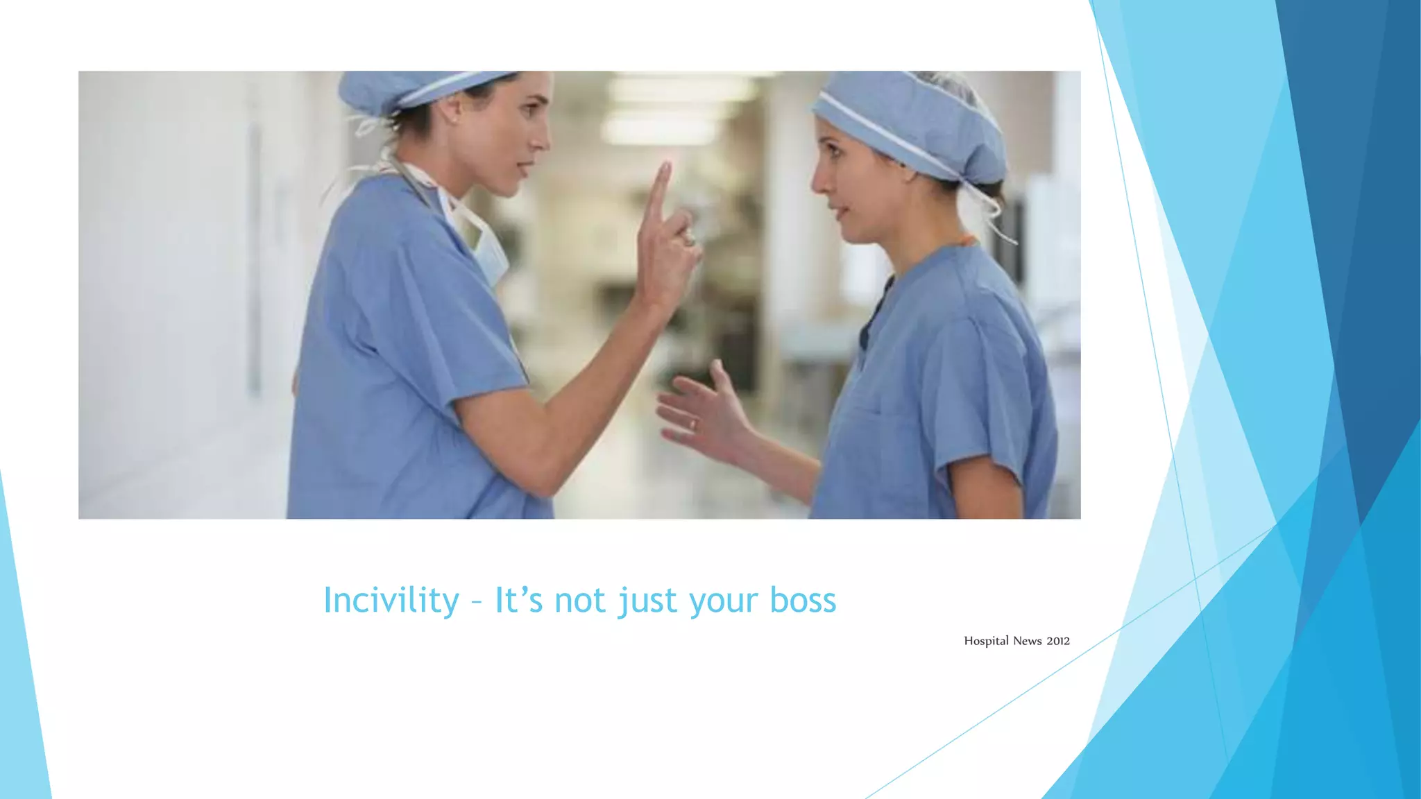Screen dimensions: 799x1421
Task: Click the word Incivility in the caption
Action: click(391, 600)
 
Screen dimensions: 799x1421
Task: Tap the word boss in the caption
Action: click(803, 600)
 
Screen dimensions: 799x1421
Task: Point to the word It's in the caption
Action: click(518, 600)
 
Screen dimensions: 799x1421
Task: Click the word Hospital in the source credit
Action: click(986, 641)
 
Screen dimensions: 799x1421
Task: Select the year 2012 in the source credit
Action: click(1058, 641)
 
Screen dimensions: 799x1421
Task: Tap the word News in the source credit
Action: click(1027, 641)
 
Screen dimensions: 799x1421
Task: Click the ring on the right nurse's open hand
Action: click(692, 424)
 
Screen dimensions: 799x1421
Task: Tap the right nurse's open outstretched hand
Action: click(701, 413)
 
